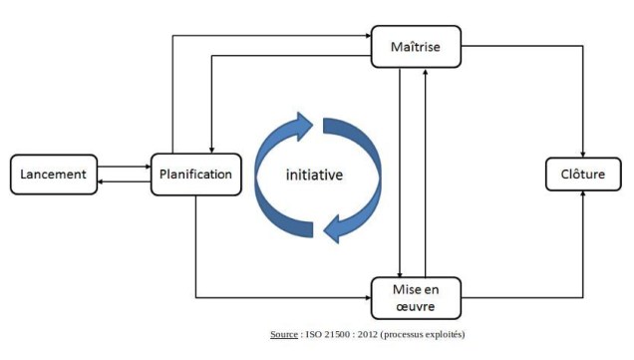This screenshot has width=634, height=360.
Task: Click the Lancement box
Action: click(54, 175)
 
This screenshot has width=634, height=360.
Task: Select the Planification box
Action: click(196, 175)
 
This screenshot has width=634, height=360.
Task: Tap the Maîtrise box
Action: click(416, 47)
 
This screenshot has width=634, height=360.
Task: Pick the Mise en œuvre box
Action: click(416, 297)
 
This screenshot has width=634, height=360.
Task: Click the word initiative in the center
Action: click(314, 175)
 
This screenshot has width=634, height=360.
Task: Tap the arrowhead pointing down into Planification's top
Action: click(211, 149)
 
